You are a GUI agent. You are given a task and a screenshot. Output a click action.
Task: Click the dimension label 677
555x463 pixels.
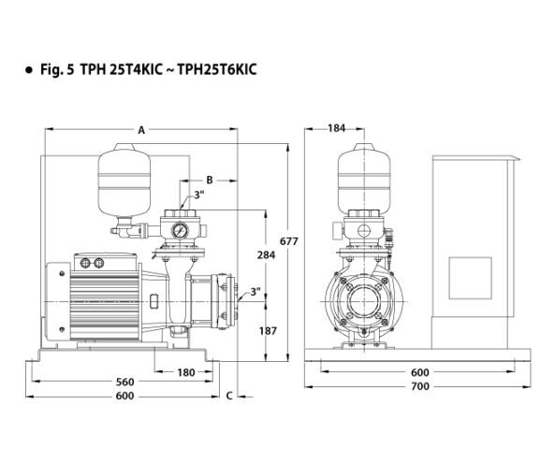tap(289, 241)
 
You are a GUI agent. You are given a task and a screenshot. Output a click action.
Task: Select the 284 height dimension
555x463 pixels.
tap(266, 254)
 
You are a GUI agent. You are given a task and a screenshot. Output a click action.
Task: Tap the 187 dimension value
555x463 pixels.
tap(268, 331)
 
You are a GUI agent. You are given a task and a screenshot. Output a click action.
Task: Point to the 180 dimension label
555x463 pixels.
tap(186, 372)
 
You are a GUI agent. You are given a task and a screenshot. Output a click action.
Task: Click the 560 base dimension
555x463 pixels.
tap(125, 382)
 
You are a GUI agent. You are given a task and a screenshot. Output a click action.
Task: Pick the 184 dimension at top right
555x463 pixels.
tap(336, 128)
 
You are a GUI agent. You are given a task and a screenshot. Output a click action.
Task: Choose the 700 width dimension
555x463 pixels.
tap(420, 386)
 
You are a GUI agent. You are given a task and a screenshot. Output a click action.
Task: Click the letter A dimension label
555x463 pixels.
tap(141, 131)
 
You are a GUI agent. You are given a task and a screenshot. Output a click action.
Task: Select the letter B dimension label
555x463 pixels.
tap(210, 180)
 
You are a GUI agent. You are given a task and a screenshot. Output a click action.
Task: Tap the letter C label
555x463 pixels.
tap(229, 396)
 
